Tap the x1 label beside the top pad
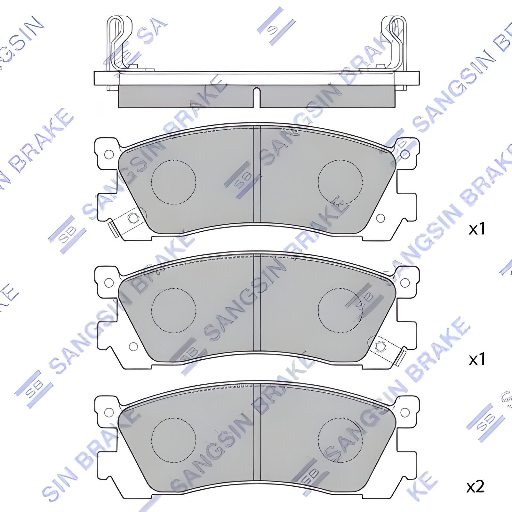click(477, 229)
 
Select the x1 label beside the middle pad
click(477, 360)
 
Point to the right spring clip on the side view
click(394, 42)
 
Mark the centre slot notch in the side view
click(256, 96)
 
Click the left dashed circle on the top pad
click(173, 181)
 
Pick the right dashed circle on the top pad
click(340, 181)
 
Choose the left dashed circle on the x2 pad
click(173, 440)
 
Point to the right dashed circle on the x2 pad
click(340, 440)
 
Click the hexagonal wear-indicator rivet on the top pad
click(133, 219)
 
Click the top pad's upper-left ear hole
click(109, 154)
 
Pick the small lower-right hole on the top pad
click(380, 218)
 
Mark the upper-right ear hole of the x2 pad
click(405, 412)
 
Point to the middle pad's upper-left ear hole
click(109, 283)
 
